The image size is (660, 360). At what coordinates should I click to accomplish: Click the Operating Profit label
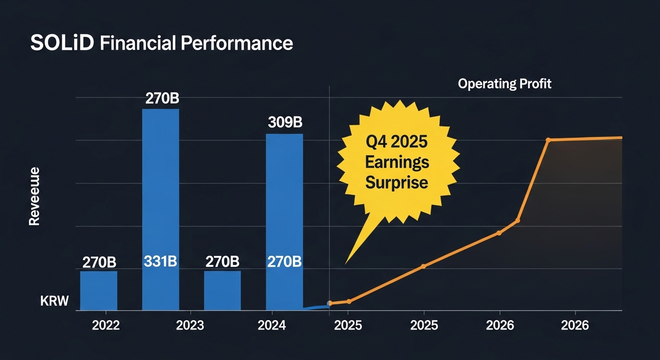pyautogui.click(x=504, y=84)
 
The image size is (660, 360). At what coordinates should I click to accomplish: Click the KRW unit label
pyautogui.click(x=54, y=301)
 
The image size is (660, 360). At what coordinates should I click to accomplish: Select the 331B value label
pyautogui.click(x=160, y=262)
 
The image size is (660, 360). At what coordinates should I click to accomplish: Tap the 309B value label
pyautogui.click(x=285, y=123)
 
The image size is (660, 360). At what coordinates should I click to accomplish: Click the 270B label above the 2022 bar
pyautogui.click(x=99, y=262)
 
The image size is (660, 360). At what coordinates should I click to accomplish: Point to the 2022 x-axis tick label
pyautogui.click(x=106, y=325)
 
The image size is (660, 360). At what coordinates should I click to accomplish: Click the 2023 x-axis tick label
pyautogui.click(x=190, y=325)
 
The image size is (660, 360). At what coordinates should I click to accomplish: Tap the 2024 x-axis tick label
pyautogui.click(x=272, y=325)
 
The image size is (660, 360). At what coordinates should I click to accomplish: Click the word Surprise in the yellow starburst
pyautogui.click(x=397, y=182)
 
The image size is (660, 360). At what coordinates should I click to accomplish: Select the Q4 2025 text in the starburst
pyautogui.click(x=397, y=142)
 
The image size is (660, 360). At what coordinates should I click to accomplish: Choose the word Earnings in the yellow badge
pyautogui.click(x=397, y=162)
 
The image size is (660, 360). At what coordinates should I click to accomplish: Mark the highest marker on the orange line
pyautogui.click(x=548, y=140)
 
